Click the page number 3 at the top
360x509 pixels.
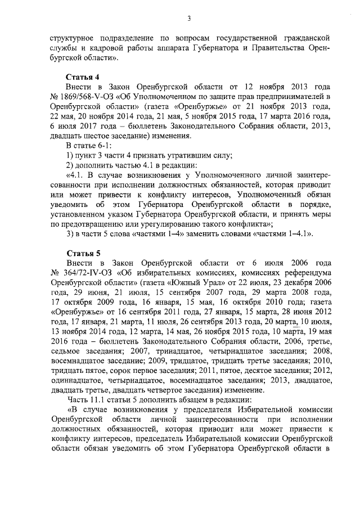(190, 19)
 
